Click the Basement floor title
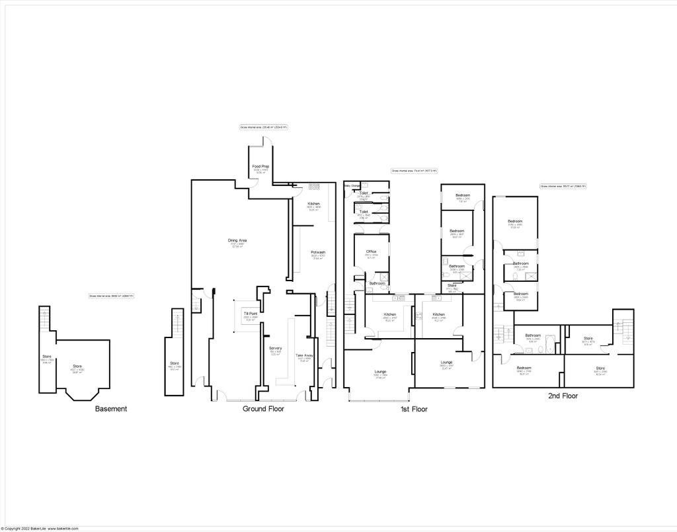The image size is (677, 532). coord(111,409)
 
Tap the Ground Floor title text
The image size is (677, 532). coord(263,409)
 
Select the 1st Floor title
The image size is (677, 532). coord(414,409)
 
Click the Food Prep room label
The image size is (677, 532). coord(260,166)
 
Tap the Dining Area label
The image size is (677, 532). coord(237,240)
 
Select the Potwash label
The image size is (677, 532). coord(319,252)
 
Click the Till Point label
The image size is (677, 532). coord(251,313)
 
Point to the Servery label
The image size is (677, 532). coord(276,348)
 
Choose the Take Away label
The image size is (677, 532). coord(304,355)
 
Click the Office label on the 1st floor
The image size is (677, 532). coord(371,251)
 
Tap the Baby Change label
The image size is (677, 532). coord(351,186)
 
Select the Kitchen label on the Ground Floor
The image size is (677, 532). coord(314,203)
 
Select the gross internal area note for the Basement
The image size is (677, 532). coord(112,296)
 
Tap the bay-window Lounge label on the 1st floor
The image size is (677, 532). coord(380,371)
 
